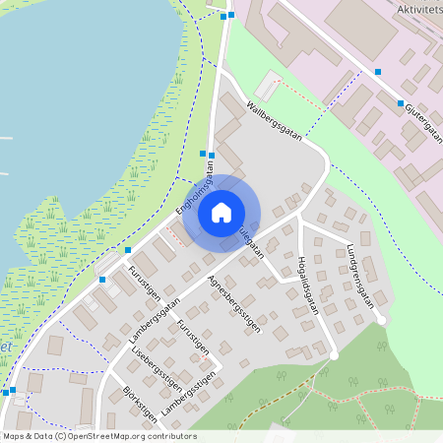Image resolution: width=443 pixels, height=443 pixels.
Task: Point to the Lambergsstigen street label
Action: click(x=187, y=394)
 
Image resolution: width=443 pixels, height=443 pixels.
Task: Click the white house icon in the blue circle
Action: click(x=221, y=212)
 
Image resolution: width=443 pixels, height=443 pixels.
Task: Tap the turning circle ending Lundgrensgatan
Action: click(x=381, y=320)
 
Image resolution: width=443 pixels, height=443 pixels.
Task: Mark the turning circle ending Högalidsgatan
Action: click(x=334, y=355)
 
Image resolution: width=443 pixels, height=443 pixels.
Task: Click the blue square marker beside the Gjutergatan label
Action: click(x=400, y=103)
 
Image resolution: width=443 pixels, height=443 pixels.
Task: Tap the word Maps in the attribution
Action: click(x=13, y=435)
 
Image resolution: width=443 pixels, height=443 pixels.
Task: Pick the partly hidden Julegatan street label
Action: click(x=250, y=242)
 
